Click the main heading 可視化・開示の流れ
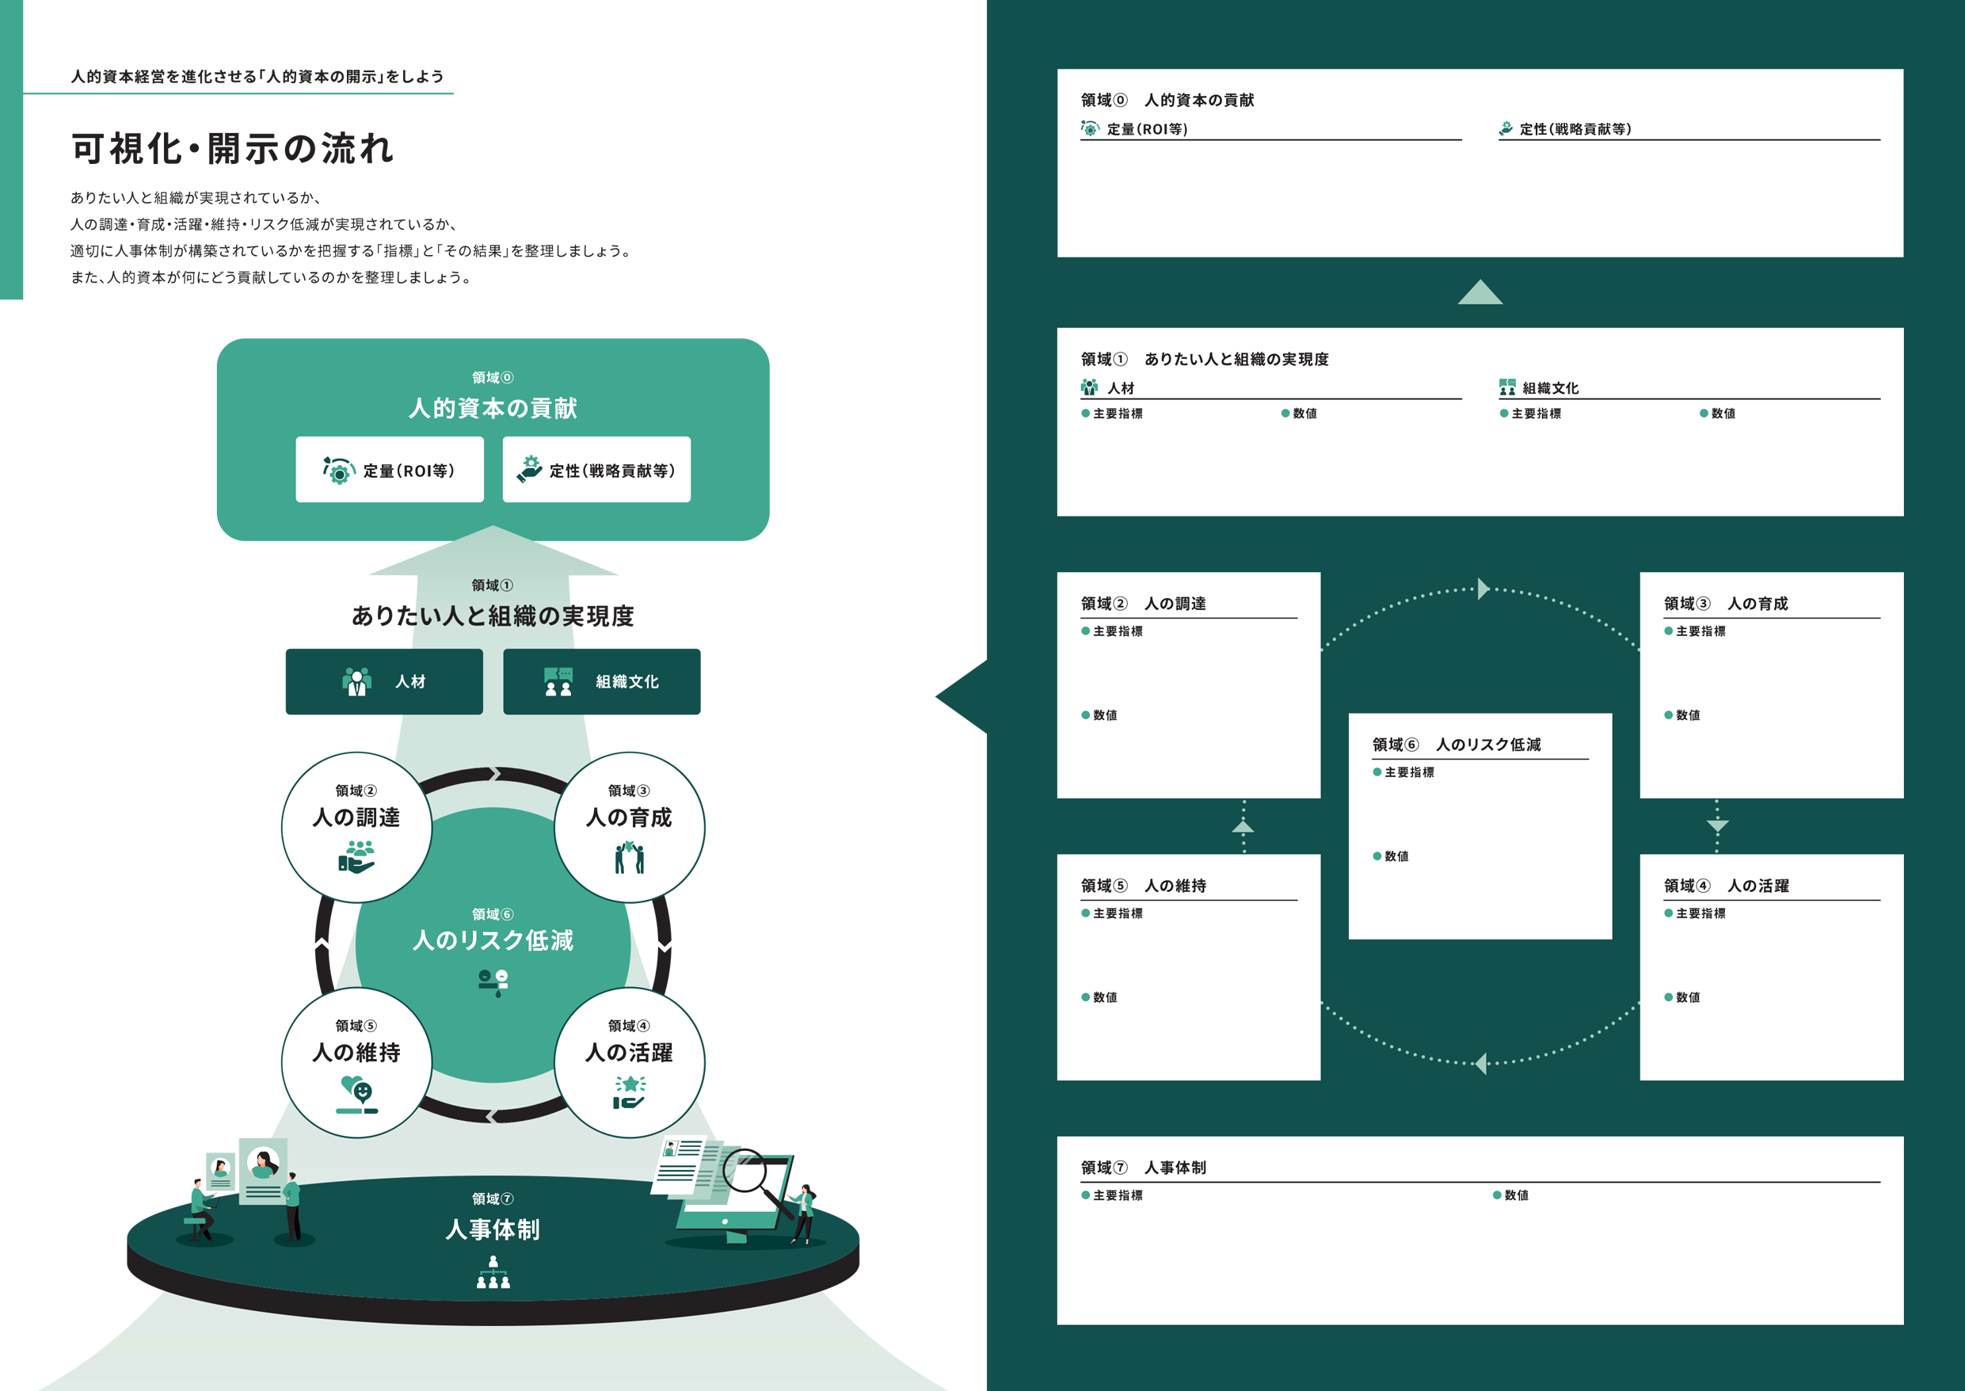233,149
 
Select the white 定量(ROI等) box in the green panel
390,470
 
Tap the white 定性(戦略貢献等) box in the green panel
596,470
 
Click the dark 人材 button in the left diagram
383,682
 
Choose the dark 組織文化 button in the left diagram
601,682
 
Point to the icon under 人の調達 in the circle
356,856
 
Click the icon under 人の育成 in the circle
630,856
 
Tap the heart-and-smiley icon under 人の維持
357,1094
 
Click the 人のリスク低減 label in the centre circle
493,940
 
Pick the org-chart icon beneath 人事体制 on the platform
493,1273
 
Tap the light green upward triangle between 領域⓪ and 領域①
1479,293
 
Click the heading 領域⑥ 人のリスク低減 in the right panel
1457,745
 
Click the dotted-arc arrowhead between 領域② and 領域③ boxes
1483,589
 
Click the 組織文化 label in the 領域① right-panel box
1550,388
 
